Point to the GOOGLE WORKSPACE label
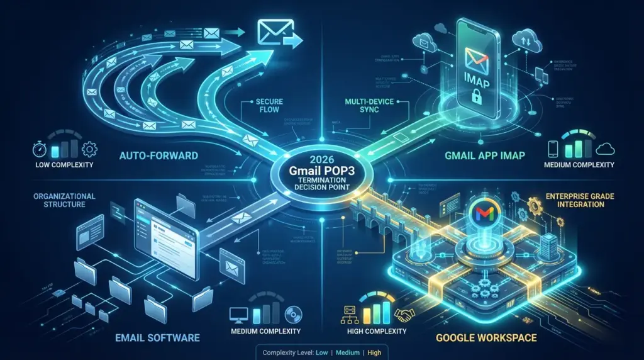click(487, 338)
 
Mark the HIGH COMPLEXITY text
click(377, 330)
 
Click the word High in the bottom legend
click(374, 352)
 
